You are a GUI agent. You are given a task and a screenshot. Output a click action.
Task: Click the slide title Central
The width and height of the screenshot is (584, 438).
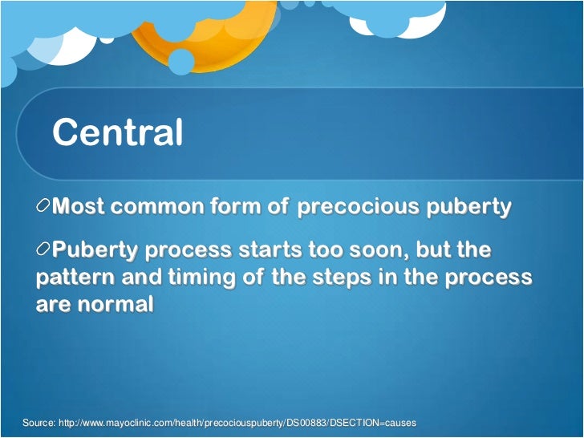(117, 132)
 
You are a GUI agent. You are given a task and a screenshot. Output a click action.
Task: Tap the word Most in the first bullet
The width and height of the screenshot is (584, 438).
(79, 207)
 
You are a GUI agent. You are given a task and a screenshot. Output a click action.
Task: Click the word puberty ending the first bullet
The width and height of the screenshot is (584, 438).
(468, 208)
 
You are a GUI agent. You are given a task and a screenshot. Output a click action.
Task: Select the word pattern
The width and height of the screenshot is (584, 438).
(74, 278)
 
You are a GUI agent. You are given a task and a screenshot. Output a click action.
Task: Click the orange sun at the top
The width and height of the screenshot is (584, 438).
(201, 32)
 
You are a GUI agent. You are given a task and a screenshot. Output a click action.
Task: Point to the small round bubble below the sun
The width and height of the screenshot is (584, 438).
(181, 62)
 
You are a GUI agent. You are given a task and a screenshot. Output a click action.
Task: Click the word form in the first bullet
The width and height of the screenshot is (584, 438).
(240, 207)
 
